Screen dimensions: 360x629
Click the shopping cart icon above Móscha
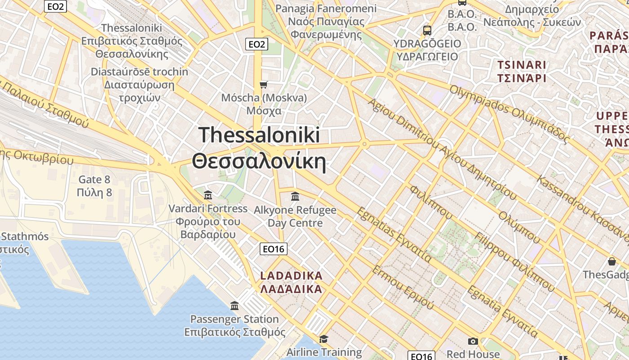pyautogui.click(x=264, y=85)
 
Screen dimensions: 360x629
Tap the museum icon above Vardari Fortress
pyautogui.click(x=208, y=195)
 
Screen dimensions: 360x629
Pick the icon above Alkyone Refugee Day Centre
pyautogui.click(x=295, y=196)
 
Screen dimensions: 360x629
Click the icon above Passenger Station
pyautogui.click(x=235, y=306)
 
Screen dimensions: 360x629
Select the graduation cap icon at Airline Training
pyautogui.click(x=323, y=339)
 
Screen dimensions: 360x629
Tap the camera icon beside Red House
pyautogui.click(x=473, y=342)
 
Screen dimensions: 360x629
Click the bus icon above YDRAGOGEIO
pyautogui.click(x=427, y=31)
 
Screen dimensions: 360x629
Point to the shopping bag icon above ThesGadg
pyautogui.click(x=611, y=261)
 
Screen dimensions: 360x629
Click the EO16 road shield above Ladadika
pyautogui.click(x=274, y=249)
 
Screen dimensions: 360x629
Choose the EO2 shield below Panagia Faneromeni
pyautogui.click(x=257, y=44)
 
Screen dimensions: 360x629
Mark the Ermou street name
pyautogui.click(x=403, y=288)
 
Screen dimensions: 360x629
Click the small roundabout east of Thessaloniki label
pyautogui.click(x=364, y=144)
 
